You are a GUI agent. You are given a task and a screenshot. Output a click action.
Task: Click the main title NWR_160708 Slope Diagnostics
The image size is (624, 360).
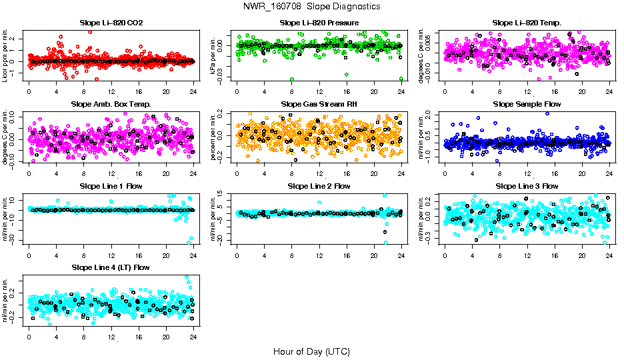312,6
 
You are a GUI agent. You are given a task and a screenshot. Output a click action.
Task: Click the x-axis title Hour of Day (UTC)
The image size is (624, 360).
311,351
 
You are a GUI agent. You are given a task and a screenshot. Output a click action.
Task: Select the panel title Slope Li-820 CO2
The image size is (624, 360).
111,23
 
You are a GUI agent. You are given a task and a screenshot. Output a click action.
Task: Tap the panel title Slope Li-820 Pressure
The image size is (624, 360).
319,23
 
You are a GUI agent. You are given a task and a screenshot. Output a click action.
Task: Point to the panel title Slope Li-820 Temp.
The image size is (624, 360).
527,23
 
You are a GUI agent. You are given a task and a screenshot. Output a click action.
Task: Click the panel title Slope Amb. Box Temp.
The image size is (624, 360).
111,105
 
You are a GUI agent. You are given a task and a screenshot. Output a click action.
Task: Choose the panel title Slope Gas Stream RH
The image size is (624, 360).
319,105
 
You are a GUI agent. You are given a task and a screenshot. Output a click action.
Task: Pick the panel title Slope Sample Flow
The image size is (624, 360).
527,105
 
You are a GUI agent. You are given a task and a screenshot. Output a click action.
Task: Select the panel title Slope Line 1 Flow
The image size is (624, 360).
111,186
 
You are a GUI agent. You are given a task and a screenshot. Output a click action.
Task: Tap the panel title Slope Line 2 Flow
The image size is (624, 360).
319,186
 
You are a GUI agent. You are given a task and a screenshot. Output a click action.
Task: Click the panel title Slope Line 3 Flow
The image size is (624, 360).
527,186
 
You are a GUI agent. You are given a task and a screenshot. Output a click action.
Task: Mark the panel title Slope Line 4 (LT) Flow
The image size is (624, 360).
111,268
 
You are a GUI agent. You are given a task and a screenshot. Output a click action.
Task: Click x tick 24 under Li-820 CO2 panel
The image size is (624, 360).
193,91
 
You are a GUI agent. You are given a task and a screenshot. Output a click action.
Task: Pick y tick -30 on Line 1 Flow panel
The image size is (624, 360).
15,239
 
